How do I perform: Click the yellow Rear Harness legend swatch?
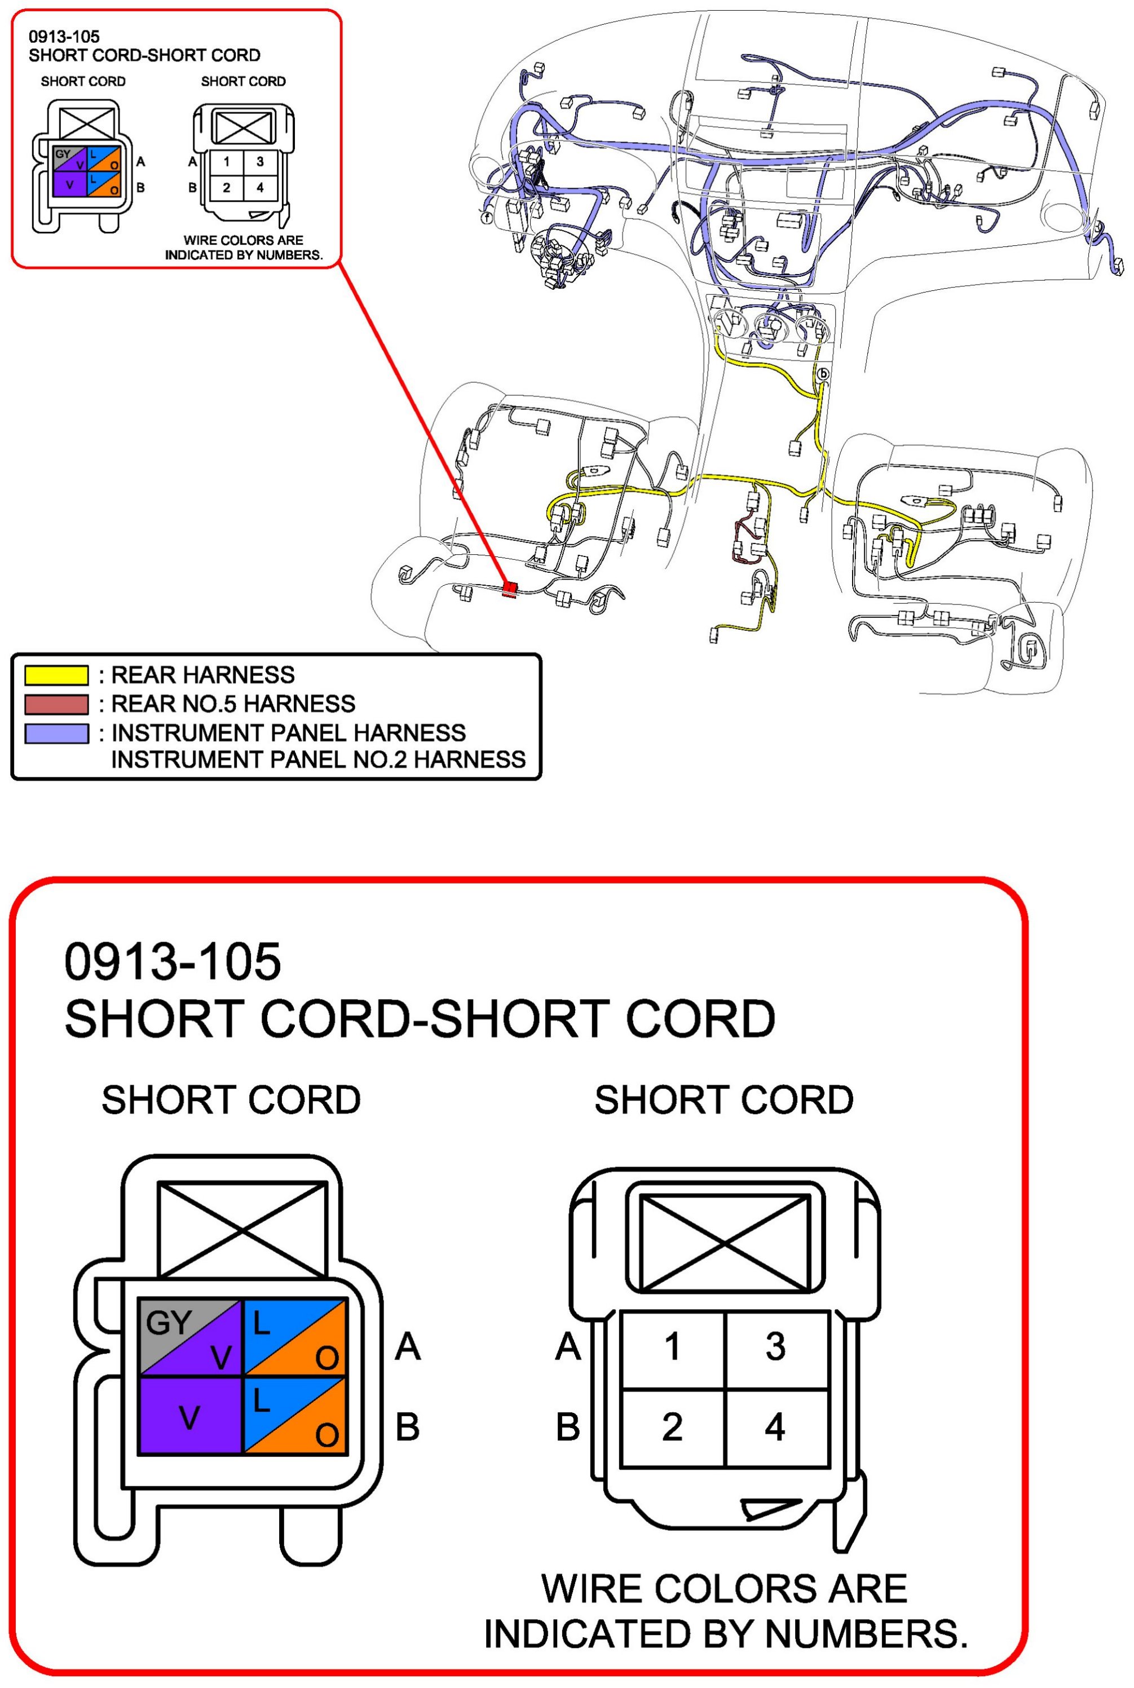[56, 675]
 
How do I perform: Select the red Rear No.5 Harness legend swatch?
[56, 704]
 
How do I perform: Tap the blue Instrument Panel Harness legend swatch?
[56, 733]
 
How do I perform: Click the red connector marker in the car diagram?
[510, 590]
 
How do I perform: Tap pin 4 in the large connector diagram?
[775, 1426]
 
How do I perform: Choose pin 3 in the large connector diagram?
[775, 1346]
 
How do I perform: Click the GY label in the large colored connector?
[168, 1324]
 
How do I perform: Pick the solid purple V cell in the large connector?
[189, 1417]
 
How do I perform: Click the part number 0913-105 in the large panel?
[172, 962]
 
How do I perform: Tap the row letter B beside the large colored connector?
[407, 1427]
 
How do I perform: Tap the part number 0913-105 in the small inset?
[64, 37]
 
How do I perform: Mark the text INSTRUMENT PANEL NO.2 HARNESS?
[318, 760]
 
